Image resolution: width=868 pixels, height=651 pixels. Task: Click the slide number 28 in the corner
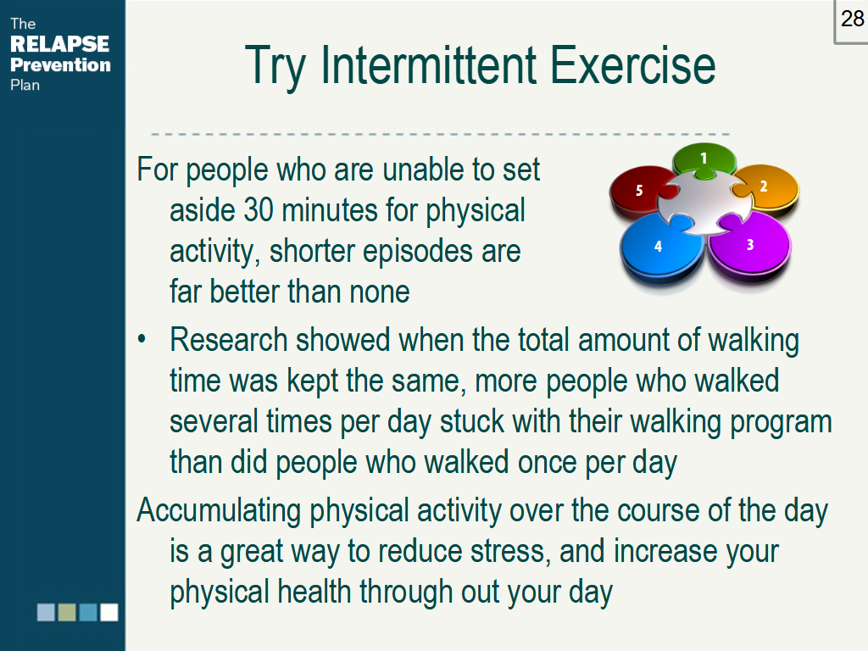coord(852,19)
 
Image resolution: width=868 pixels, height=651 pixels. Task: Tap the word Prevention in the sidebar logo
coord(60,65)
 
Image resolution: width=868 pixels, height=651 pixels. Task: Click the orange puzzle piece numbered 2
coord(767,187)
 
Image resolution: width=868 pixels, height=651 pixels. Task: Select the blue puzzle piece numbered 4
coord(654,248)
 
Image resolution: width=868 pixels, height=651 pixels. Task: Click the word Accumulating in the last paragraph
coord(220,511)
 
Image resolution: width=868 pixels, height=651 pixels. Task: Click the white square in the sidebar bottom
coord(108,612)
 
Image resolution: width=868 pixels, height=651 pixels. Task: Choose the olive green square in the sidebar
coord(67,612)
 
